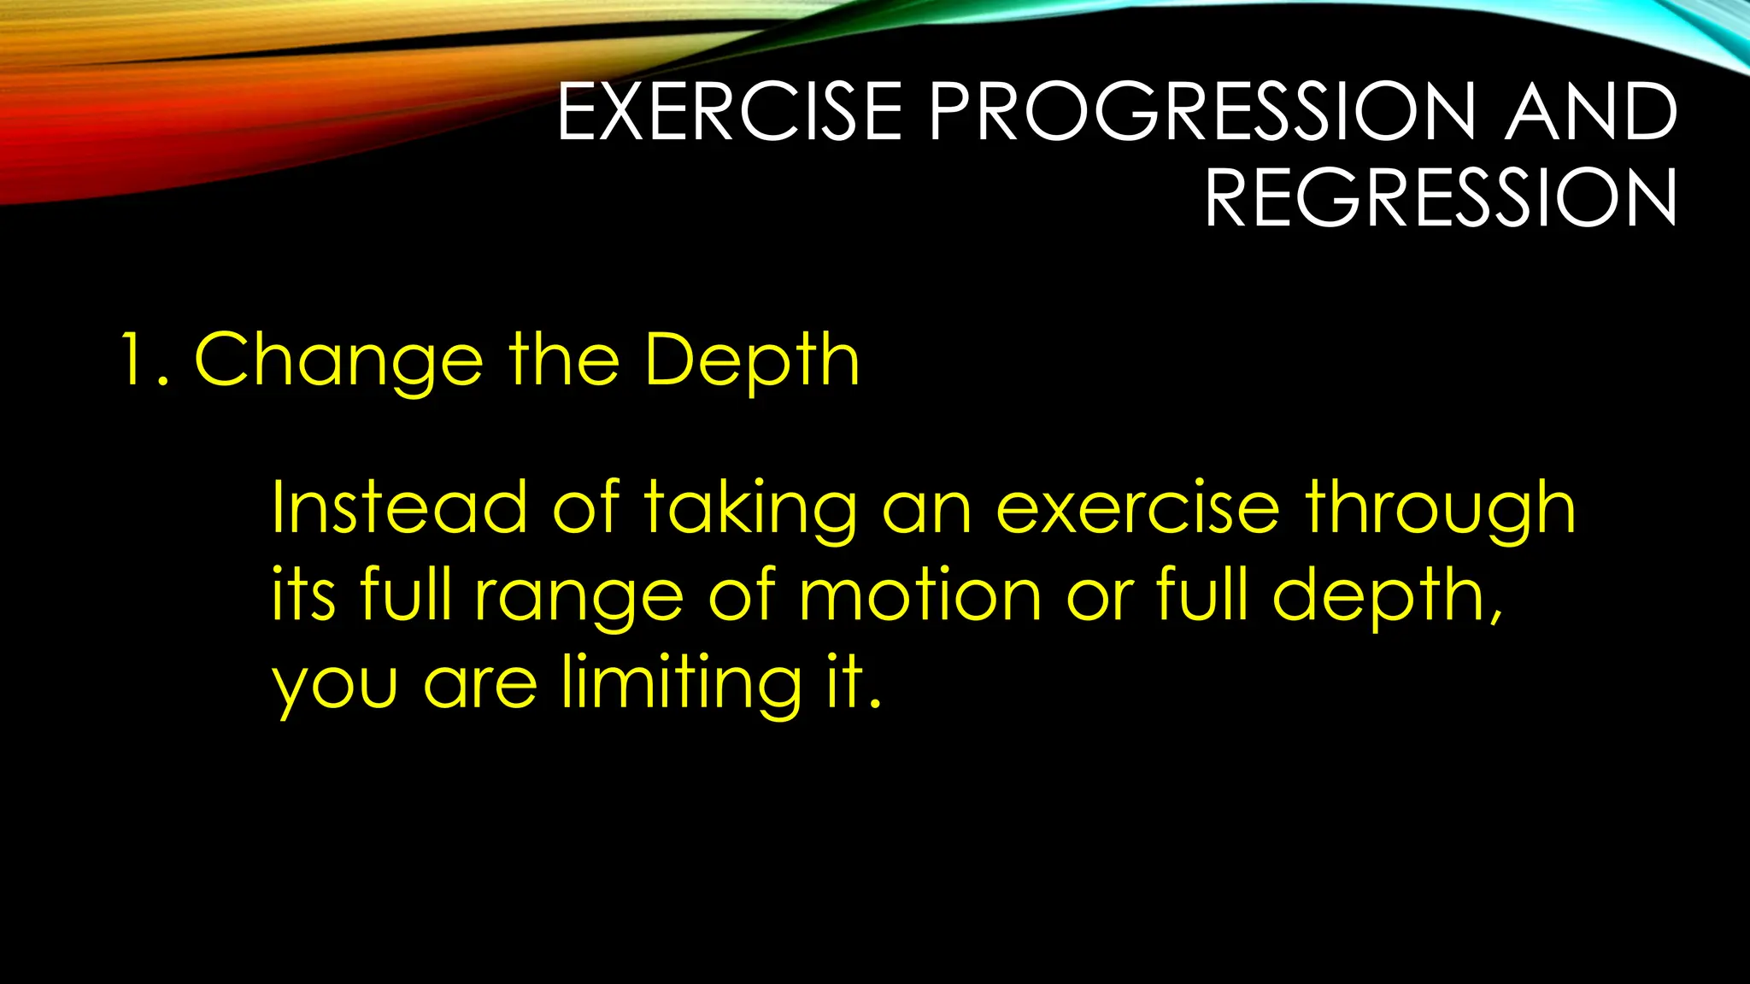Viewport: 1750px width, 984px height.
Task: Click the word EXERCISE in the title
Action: [730, 112]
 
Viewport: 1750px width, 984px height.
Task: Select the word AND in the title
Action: [1590, 112]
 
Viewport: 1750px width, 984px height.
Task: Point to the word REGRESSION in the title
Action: [1441, 198]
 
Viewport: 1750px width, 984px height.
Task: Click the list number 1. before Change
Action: [144, 360]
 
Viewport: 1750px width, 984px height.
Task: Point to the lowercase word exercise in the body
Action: [1137, 509]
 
